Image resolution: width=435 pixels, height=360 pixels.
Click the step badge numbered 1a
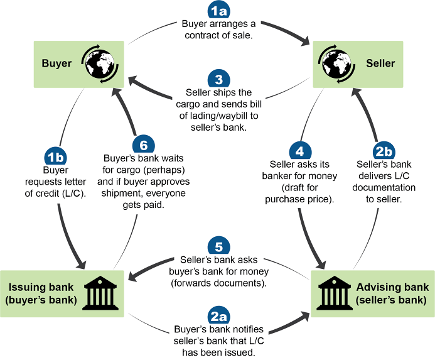coord(218,11)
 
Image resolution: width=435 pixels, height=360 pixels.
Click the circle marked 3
coord(218,80)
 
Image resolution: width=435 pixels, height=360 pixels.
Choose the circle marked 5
coord(218,246)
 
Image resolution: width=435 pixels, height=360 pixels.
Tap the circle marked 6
coord(144,145)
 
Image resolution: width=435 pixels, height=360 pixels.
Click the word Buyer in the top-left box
coord(56,63)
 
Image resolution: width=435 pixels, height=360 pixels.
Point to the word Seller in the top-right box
coord(380,63)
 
